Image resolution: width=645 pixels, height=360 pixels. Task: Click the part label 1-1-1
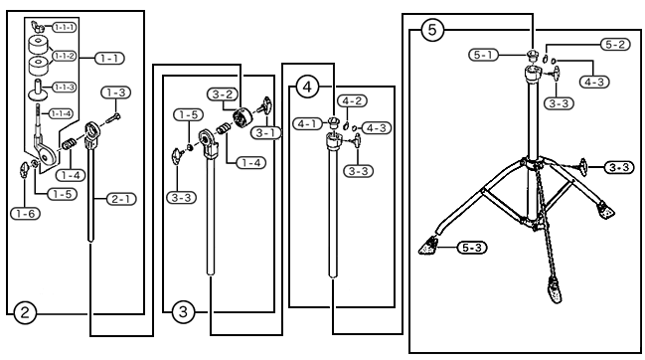pyautogui.click(x=65, y=28)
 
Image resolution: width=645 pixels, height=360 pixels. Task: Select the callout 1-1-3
pyautogui.click(x=65, y=88)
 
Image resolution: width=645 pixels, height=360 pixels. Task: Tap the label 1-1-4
pyautogui.click(x=61, y=113)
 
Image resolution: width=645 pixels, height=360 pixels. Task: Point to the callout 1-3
pyautogui.click(x=116, y=92)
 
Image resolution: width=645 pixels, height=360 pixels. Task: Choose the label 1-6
pyautogui.click(x=26, y=214)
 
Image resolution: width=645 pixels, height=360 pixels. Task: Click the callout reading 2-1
pyautogui.click(x=121, y=199)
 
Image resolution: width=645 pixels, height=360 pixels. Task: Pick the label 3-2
pyautogui.click(x=223, y=94)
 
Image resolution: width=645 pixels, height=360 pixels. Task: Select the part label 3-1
pyautogui.click(x=265, y=133)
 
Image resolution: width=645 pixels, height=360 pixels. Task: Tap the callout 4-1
pyautogui.click(x=307, y=123)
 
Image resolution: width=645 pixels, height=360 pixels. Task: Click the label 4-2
pyautogui.click(x=352, y=100)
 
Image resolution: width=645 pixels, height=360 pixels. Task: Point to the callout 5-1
pyautogui.click(x=483, y=55)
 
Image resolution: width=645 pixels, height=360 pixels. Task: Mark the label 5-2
pyautogui.click(x=615, y=45)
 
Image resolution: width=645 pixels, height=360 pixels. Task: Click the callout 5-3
pyautogui.click(x=472, y=248)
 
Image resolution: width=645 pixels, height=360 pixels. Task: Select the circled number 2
pyautogui.click(x=25, y=312)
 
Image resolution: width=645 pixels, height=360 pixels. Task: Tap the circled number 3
pyautogui.click(x=183, y=312)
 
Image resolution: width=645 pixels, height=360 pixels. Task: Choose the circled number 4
pyautogui.click(x=307, y=87)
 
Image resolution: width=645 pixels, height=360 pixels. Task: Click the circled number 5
pyautogui.click(x=432, y=30)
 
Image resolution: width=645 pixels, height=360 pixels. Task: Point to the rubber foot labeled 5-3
pyautogui.click(x=427, y=246)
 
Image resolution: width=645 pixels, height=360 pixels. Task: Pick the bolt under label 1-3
pyautogui.click(x=113, y=119)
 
